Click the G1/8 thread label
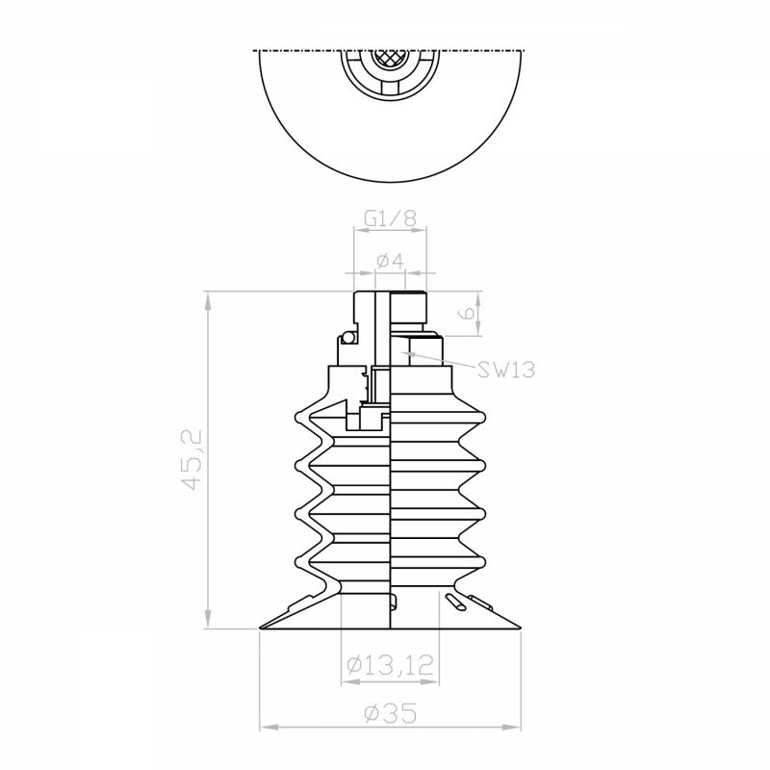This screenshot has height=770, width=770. point(391,218)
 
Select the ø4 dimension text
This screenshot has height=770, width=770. point(391,260)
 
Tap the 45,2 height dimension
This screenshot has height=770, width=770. point(192,460)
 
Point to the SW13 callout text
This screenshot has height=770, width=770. point(506,370)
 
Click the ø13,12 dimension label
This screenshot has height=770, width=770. point(391,664)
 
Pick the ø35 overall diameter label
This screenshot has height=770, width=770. point(391,713)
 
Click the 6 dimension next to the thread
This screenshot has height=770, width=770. point(469,314)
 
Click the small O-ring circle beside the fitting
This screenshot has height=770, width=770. point(347,338)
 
